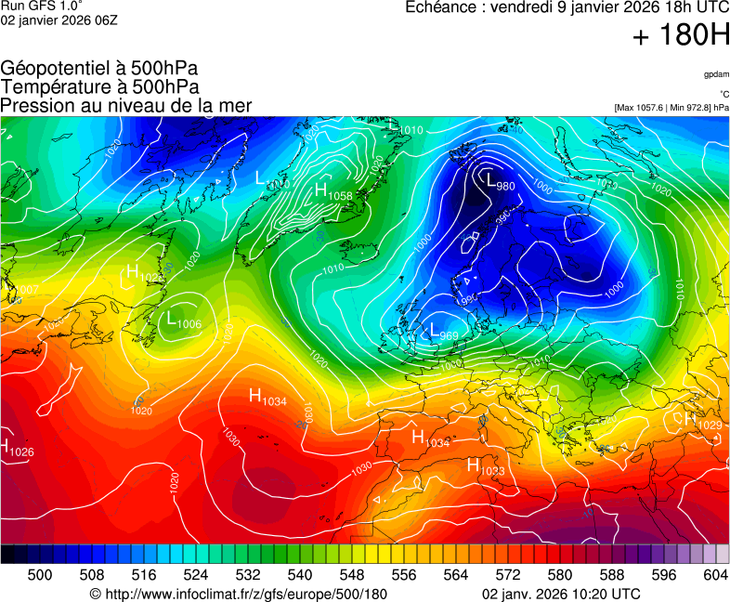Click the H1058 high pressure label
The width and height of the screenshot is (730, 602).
click(x=332, y=192)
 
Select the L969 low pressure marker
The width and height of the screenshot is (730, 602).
click(x=444, y=331)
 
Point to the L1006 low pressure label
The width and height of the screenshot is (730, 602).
click(x=184, y=321)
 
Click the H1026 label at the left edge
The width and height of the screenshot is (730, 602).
click(x=17, y=449)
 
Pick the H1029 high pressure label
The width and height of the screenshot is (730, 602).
click(x=703, y=422)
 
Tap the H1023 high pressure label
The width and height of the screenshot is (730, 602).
click(x=485, y=466)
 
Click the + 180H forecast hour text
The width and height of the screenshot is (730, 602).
click(x=680, y=36)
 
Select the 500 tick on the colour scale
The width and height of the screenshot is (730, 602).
click(x=40, y=575)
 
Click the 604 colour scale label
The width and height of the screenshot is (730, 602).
click(x=715, y=575)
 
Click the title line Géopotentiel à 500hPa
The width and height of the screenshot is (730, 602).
click(x=99, y=69)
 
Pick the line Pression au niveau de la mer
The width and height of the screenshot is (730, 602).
click(x=126, y=106)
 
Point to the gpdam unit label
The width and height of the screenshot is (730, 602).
click(x=715, y=73)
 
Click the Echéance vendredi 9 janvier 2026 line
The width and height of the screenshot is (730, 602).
click(x=567, y=7)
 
